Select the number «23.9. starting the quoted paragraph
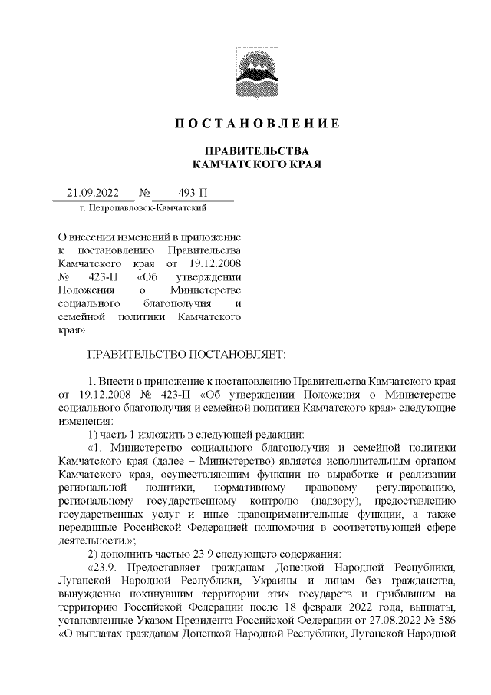click(103, 570)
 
